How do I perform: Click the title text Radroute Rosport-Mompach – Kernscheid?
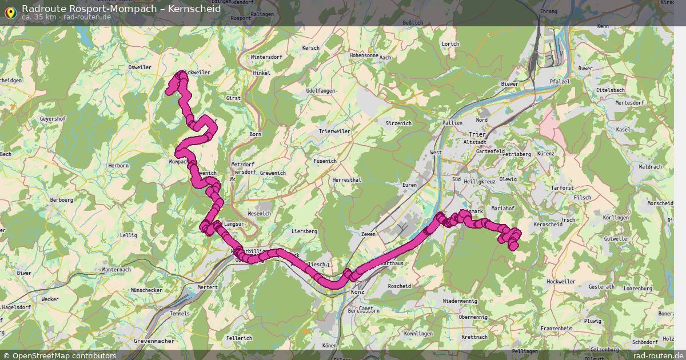121,9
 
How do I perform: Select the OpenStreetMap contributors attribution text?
64,355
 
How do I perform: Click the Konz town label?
357,292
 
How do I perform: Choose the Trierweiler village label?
334,131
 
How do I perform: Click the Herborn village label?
118,166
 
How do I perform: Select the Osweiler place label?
140,67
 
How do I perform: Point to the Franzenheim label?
556,329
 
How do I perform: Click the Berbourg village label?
62,200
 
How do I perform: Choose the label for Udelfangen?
320,91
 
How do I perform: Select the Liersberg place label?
304,231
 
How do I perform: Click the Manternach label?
117,270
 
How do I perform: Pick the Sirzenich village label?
398,123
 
